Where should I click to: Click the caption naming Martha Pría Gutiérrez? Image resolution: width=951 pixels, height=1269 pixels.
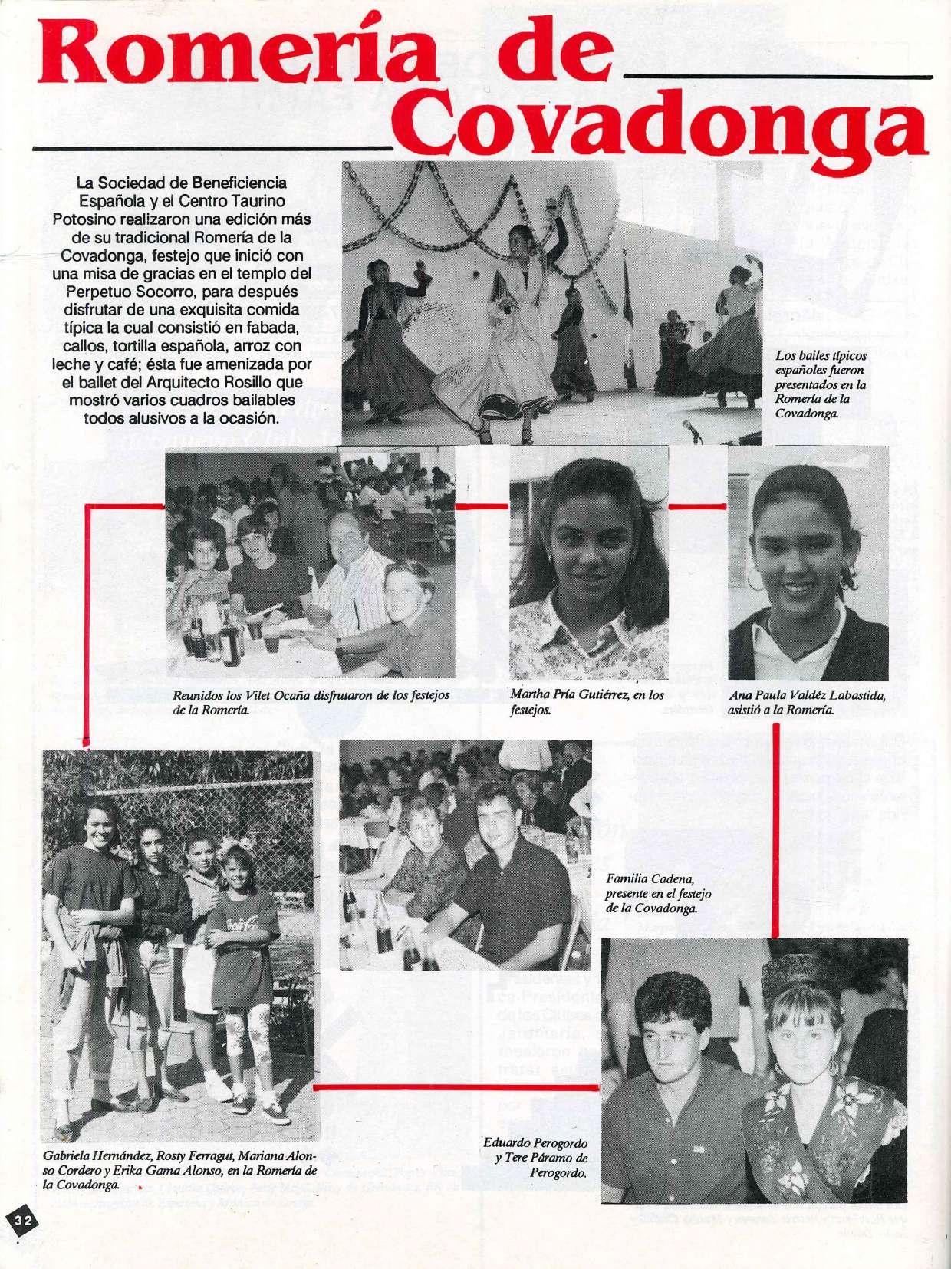pos(587,702)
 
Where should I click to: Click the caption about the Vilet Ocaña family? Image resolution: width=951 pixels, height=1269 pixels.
pos(311,702)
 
